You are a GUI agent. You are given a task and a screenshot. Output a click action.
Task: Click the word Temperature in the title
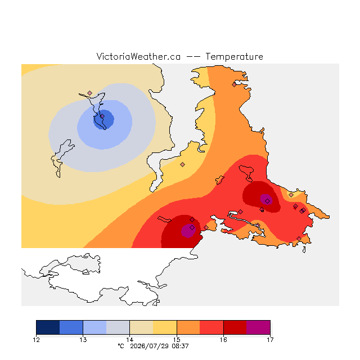[234, 57]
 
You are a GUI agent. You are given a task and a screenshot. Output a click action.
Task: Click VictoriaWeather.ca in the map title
[138, 57]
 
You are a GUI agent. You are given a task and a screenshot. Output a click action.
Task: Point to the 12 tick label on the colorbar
[36, 340]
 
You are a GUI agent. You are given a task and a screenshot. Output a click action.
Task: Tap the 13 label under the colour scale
[83, 340]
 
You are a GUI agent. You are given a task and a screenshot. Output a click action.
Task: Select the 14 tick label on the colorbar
[130, 340]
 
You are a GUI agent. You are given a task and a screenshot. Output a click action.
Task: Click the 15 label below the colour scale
[177, 340]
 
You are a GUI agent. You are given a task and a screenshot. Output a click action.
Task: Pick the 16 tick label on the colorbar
[223, 340]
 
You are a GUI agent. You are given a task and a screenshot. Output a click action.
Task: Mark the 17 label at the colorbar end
[270, 340]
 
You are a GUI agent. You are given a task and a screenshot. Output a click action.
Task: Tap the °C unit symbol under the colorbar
[121, 346]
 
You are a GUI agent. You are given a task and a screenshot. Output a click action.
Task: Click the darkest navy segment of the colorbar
[48, 327]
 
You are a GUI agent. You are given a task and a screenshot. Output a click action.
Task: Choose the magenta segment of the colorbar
[258, 327]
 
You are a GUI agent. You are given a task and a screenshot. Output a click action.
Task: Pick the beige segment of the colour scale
[141, 327]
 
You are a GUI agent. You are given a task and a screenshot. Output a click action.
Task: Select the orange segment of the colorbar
[188, 327]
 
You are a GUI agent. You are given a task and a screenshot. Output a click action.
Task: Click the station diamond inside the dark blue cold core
[102, 116]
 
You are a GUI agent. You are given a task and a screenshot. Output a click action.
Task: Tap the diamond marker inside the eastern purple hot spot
[268, 201]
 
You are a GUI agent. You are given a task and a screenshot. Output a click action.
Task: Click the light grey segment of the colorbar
[118, 327]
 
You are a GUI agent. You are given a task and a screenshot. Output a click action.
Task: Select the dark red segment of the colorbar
[235, 327]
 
